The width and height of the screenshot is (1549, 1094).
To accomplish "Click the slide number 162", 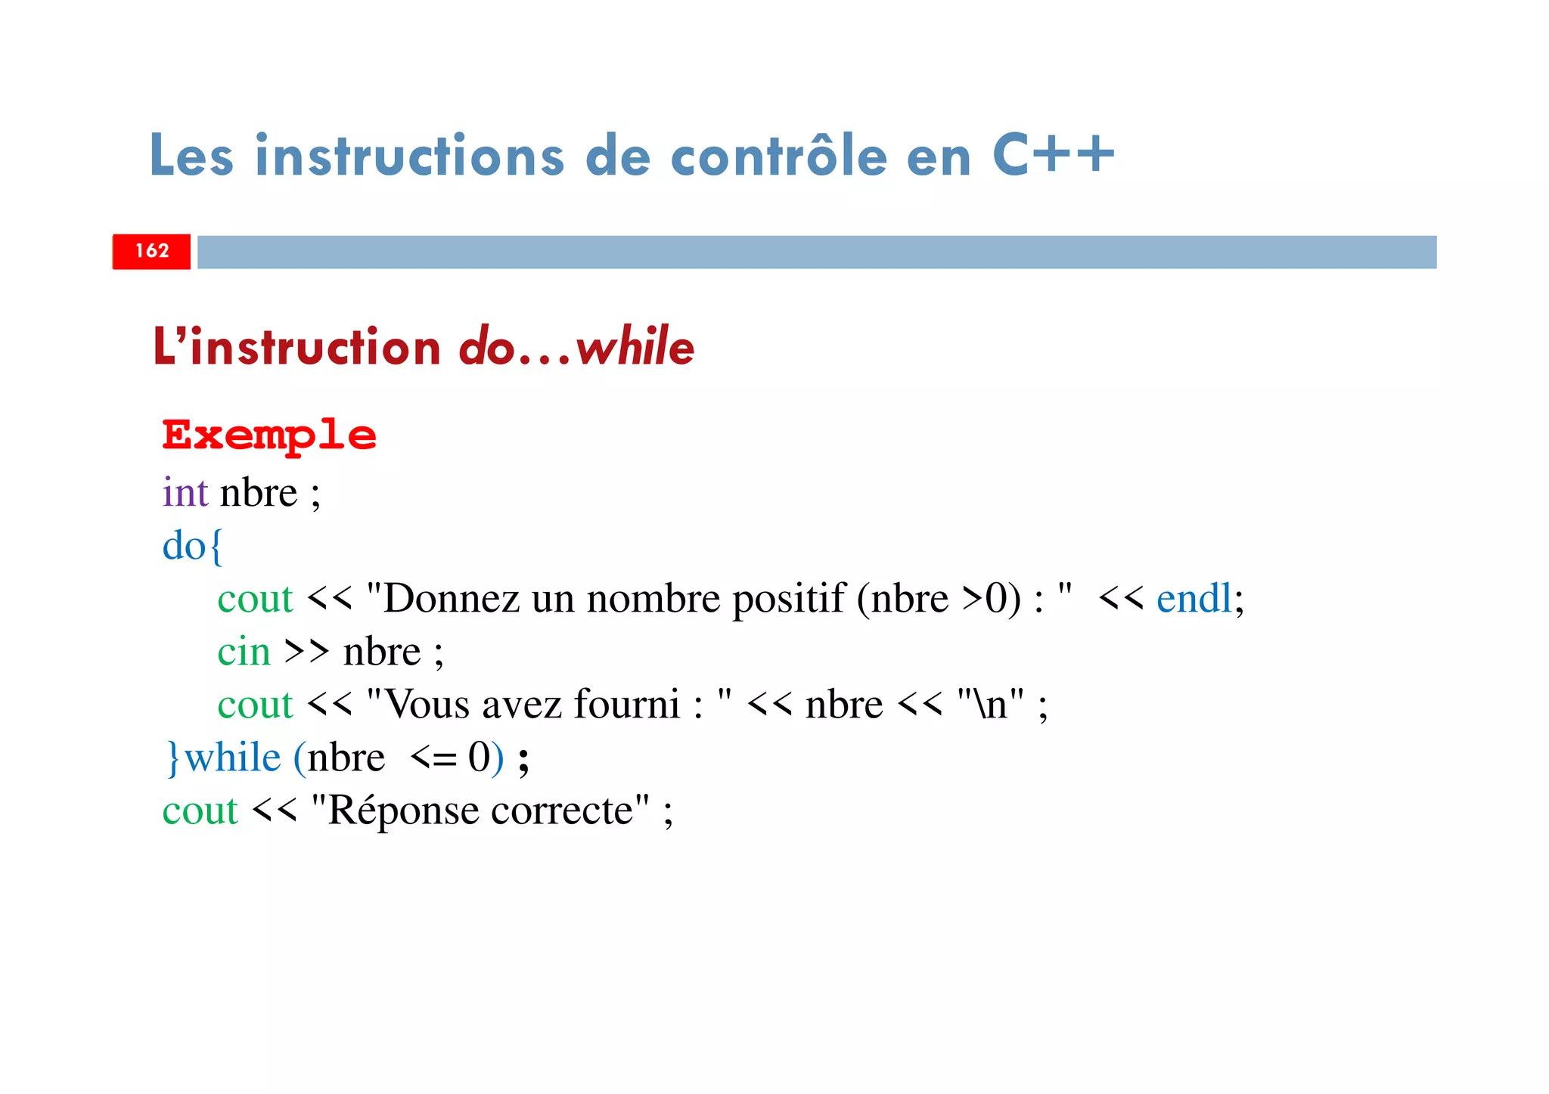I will pyautogui.click(x=152, y=251).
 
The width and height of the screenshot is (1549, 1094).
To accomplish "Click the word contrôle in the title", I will pyautogui.click(x=779, y=156).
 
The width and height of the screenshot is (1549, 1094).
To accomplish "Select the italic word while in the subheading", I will pyautogui.click(x=635, y=347).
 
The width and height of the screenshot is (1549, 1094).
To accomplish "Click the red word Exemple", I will pyautogui.click(x=269, y=436).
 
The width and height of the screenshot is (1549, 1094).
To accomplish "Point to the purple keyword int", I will pyautogui.click(x=185, y=492).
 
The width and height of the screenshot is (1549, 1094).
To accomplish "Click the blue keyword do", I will pyautogui.click(x=184, y=545).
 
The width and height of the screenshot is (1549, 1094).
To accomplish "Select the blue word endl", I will pyautogui.click(x=1194, y=598).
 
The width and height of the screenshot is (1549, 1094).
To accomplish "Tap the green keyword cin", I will pyautogui.click(x=244, y=651).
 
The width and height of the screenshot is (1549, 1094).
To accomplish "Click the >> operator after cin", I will pyautogui.click(x=306, y=651).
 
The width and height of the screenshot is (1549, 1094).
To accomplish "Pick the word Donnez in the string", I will pyautogui.click(x=452, y=598).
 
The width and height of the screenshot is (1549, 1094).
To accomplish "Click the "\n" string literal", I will pyautogui.click(x=990, y=704).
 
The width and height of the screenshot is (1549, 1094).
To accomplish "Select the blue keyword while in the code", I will pyautogui.click(x=232, y=757).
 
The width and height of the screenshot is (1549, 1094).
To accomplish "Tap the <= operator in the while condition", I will pyautogui.click(x=433, y=758).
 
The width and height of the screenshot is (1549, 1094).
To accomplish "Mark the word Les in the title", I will pyautogui.click(x=191, y=156).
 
